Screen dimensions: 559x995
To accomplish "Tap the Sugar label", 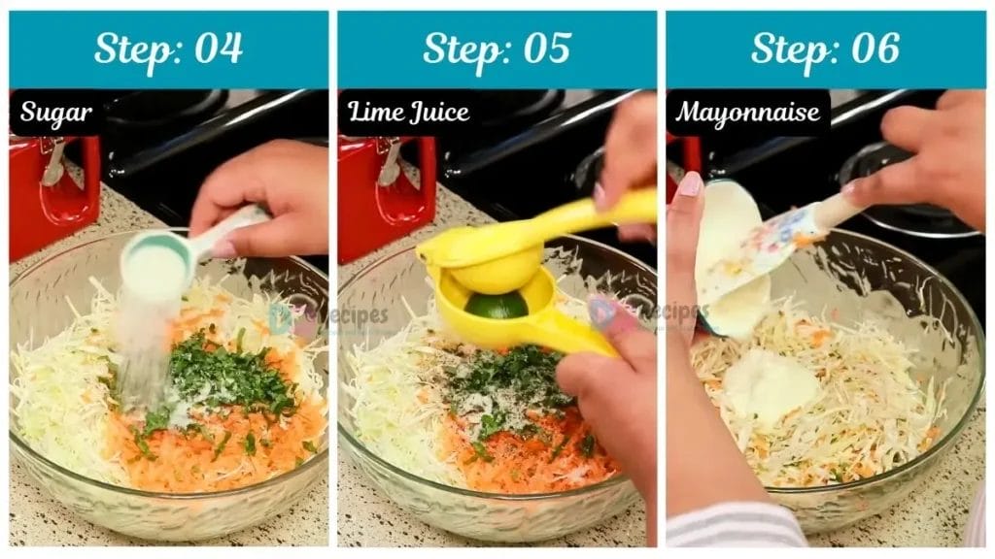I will click(x=56, y=113).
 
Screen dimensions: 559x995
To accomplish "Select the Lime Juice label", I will click(x=409, y=113).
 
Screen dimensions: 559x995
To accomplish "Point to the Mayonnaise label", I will click(x=748, y=113).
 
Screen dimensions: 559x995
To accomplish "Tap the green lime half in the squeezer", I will click(x=496, y=306).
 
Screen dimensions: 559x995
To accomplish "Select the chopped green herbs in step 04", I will click(x=233, y=374).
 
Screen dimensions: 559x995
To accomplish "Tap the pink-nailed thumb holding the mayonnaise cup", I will click(x=688, y=184).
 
